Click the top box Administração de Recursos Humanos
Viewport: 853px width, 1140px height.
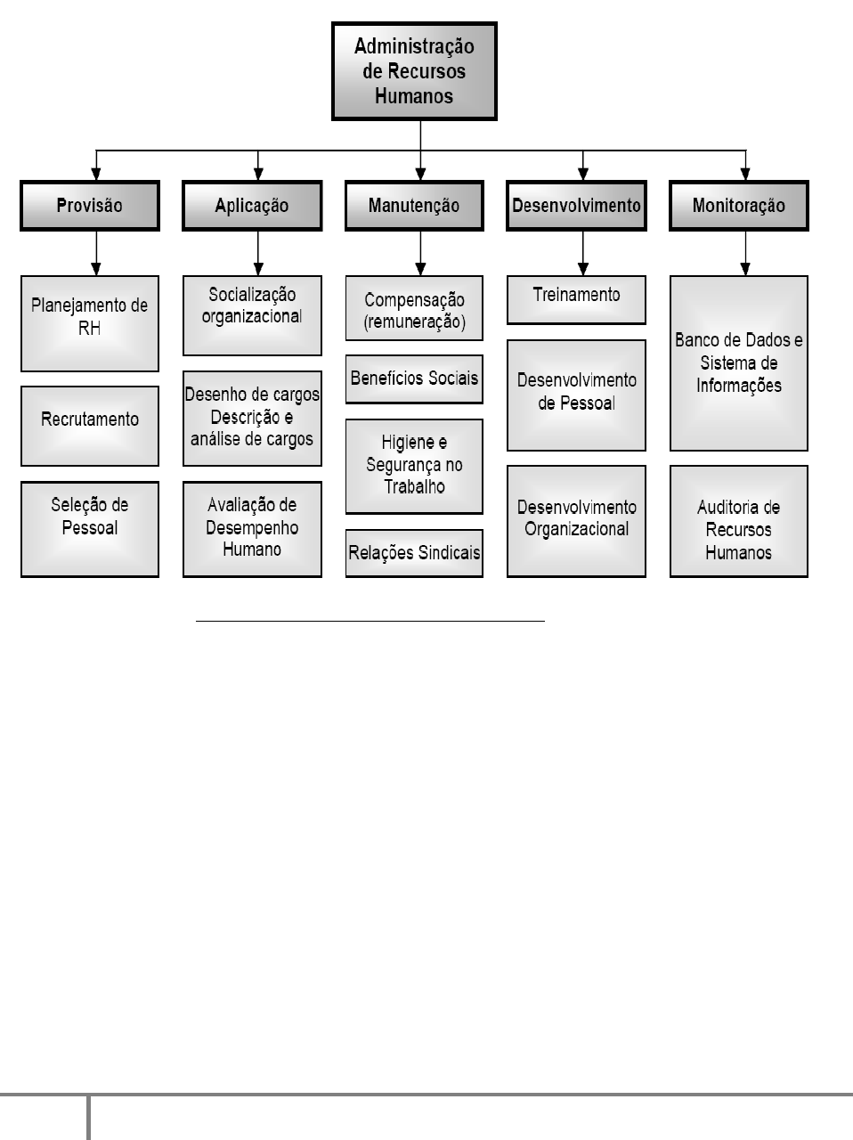tap(414, 71)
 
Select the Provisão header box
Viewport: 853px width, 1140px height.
tap(90, 206)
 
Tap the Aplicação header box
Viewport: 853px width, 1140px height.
tap(252, 206)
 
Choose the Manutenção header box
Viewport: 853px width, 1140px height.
tap(414, 206)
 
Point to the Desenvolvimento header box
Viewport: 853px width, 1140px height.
tap(576, 206)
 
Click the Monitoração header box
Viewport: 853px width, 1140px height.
tap(739, 206)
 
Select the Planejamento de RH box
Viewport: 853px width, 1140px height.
tap(90, 322)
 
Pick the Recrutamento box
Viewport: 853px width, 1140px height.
tap(90, 426)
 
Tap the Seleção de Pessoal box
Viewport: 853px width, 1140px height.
tap(90, 529)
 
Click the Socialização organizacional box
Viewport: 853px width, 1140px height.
tap(252, 314)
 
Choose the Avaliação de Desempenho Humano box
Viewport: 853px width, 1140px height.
tap(252, 529)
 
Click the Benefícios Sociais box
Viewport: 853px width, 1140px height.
tap(414, 379)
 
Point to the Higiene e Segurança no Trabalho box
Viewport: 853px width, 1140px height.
tap(414, 466)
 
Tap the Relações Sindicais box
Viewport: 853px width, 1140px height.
tap(414, 553)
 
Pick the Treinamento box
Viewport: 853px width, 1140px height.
tap(576, 299)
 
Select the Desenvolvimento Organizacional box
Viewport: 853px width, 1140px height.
tap(576, 521)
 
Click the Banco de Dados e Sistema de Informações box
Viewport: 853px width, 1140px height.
tap(739, 363)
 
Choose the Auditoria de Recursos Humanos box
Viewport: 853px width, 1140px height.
tap(739, 521)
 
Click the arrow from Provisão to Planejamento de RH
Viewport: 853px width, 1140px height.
tap(96, 253)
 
